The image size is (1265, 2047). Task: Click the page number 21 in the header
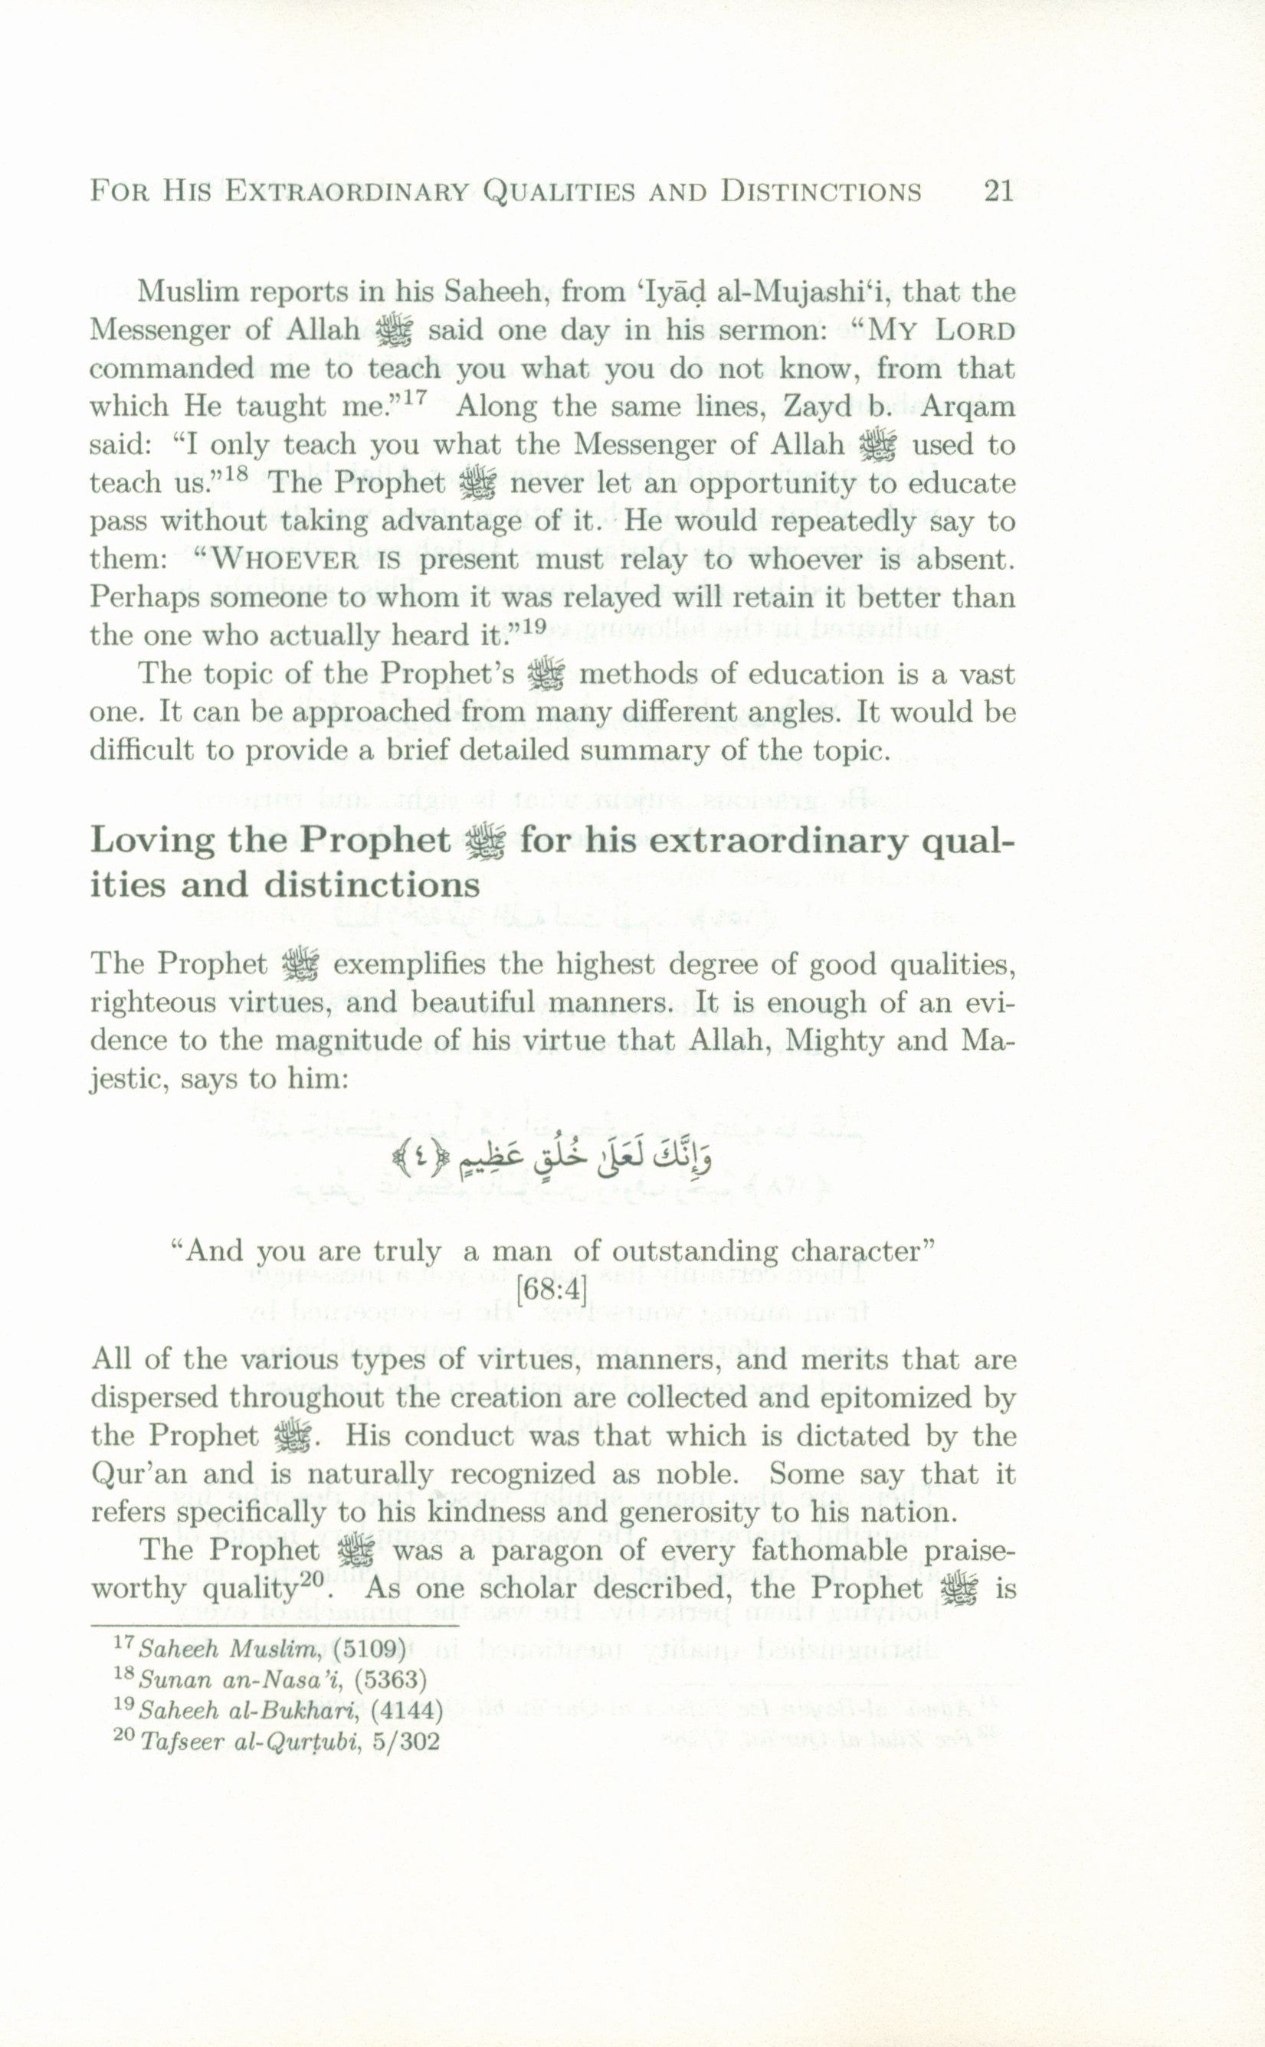coord(998,191)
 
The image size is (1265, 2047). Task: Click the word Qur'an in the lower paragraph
coord(139,1474)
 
